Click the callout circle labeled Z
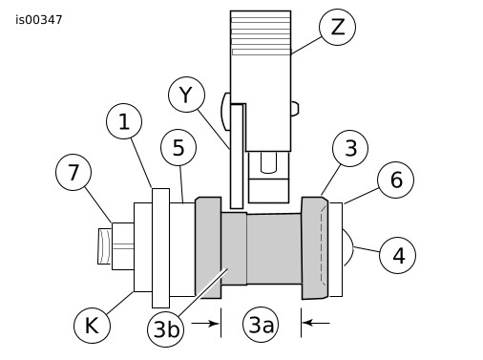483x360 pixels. pyautogui.click(x=337, y=27)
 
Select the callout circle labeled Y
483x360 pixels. pyautogui.click(x=186, y=95)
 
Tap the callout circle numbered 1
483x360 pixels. pyautogui.click(x=124, y=121)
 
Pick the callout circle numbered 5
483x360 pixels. pyautogui.click(x=178, y=147)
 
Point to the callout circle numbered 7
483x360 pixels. pyautogui.click(x=73, y=172)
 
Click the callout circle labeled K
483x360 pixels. pyautogui.click(x=92, y=326)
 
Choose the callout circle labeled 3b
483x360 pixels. pyautogui.click(x=166, y=328)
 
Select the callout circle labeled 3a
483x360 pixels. pyautogui.click(x=261, y=325)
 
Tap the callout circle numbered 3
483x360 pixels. pyautogui.click(x=350, y=148)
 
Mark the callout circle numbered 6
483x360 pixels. pyautogui.click(x=396, y=180)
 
